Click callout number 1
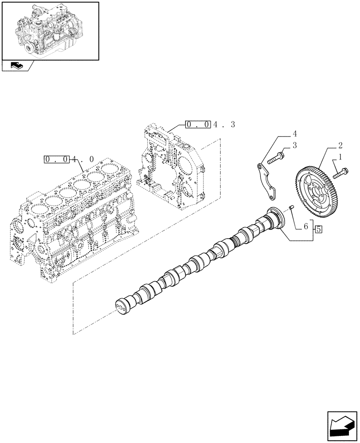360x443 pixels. click(340, 156)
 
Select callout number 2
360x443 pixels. click(340, 145)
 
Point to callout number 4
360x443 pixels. click(294, 133)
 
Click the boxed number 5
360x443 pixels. click(319, 229)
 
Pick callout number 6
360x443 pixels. click(305, 226)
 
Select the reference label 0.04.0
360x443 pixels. click(69, 159)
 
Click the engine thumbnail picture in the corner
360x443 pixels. click(50, 30)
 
